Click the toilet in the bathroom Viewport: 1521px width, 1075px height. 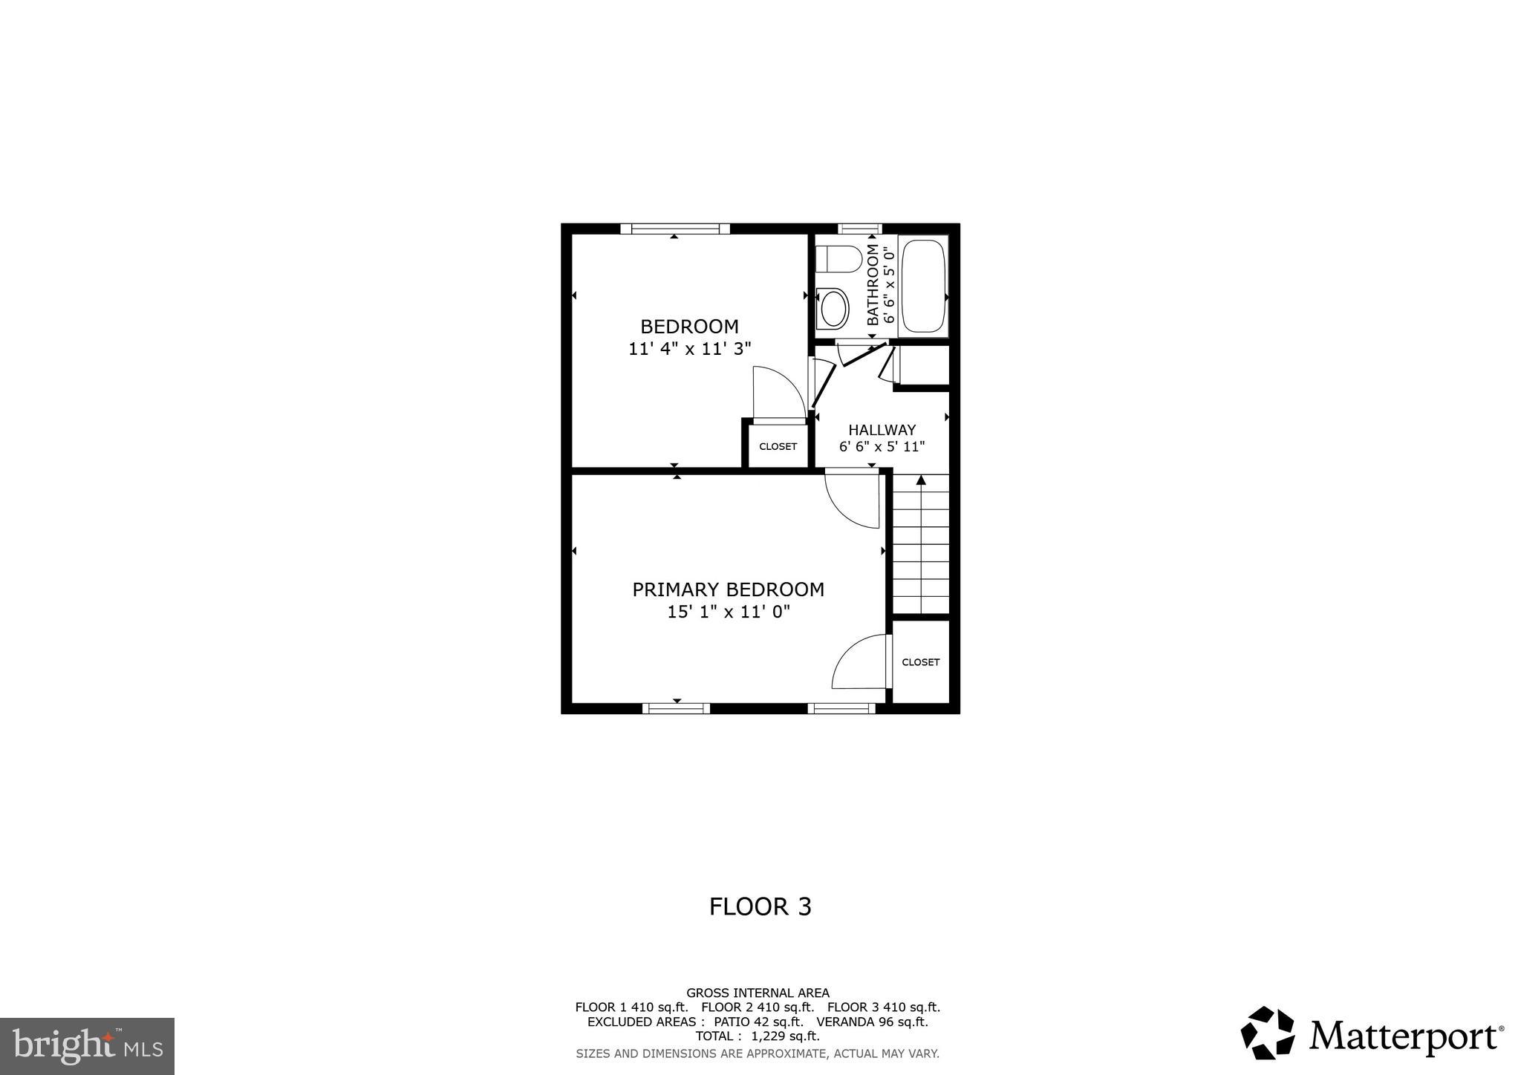click(838, 259)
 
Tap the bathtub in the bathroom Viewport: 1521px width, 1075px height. click(923, 286)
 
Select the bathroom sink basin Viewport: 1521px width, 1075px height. click(833, 308)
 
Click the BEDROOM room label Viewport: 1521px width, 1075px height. click(689, 326)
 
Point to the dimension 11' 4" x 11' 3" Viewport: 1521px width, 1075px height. click(690, 348)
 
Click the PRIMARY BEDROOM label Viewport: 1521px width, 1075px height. click(728, 589)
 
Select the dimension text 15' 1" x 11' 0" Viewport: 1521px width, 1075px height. click(728, 612)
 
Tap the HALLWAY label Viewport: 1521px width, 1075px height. click(882, 430)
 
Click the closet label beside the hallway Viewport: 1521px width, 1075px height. click(778, 446)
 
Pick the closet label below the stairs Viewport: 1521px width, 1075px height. click(920, 662)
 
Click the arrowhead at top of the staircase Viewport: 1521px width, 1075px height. click(921, 480)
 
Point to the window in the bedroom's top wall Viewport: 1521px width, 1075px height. click(675, 229)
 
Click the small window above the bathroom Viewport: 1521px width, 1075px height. click(860, 229)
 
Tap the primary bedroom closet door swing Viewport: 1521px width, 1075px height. click(860, 663)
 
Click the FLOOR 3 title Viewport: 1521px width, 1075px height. click(760, 906)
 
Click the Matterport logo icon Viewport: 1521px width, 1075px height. click(1268, 1033)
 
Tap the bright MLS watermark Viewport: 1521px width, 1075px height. click(87, 1046)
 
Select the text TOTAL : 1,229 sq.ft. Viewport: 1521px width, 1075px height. click(757, 1036)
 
